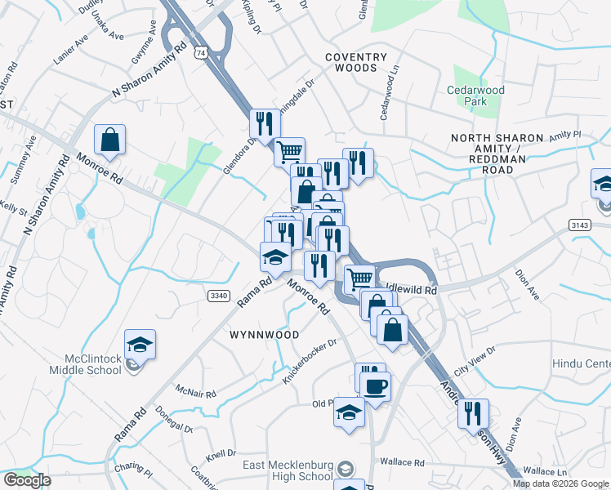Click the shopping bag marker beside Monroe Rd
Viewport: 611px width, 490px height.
[x=109, y=140]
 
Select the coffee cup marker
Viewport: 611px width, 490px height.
[x=375, y=386]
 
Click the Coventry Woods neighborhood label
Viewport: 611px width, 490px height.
[x=355, y=63]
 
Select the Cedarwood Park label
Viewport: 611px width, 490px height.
[x=475, y=96]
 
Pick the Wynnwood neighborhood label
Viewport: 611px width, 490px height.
[x=264, y=335]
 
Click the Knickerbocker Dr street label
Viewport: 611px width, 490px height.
[x=309, y=361]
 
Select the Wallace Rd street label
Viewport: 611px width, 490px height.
[x=406, y=463]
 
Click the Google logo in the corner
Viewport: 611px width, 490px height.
[x=27, y=480]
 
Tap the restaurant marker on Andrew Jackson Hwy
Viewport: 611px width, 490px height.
[x=473, y=414]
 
